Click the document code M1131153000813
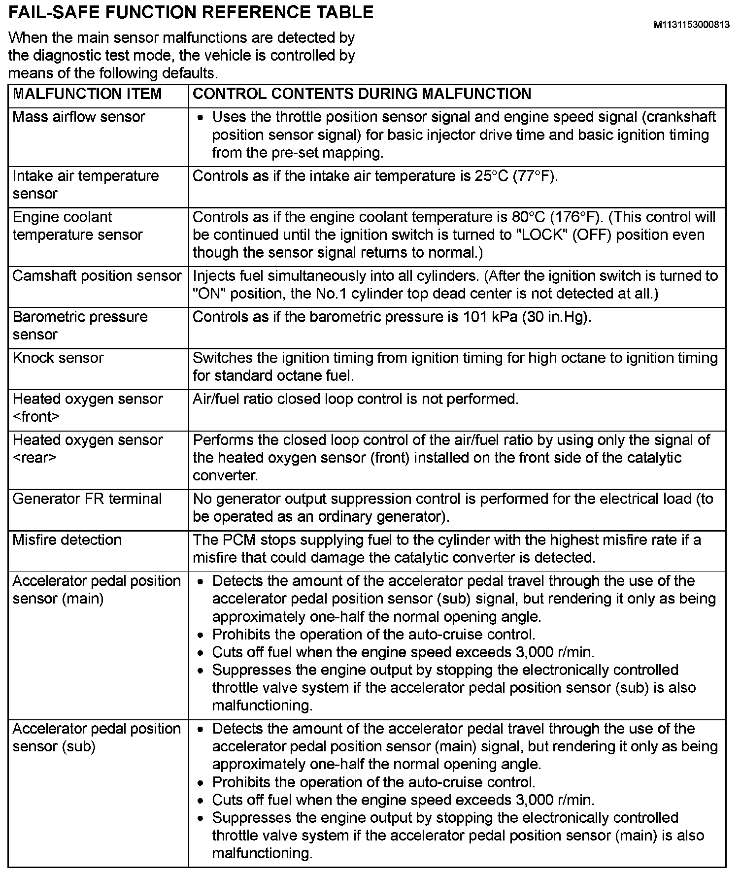point(691,25)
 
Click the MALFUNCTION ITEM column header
point(87,94)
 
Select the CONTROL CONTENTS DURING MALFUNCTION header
point(362,94)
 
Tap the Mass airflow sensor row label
point(79,117)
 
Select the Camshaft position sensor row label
point(97,276)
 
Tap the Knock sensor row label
point(58,358)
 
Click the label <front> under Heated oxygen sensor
point(36,417)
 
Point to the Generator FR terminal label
point(87,499)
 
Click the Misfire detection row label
point(67,540)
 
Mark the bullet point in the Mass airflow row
point(200,118)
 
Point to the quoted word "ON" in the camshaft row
point(209,294)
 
